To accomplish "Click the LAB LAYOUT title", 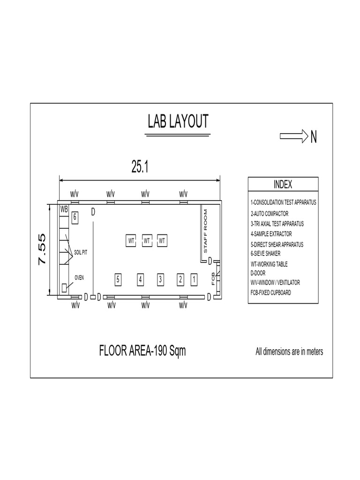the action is pyautogui.click(x=178, y=122).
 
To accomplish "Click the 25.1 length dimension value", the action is pyautogui.click(x=140, y=166).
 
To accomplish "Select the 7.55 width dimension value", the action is pyautogui.click(x=42, y=249).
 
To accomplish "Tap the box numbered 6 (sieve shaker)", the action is pyautogui.click(x=75, y=217).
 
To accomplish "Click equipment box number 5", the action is pyautogui.click(x=118, y=279).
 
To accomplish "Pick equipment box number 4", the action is pyautogui.click(x=140, y=279).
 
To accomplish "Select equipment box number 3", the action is pyautogui.click(x=160, y=279).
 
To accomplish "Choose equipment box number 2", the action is pyautogui.click(x=180, y=279).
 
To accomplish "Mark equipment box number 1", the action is pyautogui.click(x=194, y=279).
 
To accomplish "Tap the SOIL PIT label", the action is pyautogui.click(x=81, y=252).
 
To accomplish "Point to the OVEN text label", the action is pyautogui.click(x=79, y=277).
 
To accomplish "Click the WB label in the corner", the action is pyautogui.click(x=64, y=208).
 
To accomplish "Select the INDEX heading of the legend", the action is pyautogui.click(x=282, y=184).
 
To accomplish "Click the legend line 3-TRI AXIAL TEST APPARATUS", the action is pyautogui.click(x=277, y=224).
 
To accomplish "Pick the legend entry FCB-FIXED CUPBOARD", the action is pyautogui.click(x=270, y=292).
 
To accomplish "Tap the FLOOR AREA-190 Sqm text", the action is pyautogui.click(x=142, y=351).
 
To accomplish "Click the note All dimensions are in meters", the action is pyautogui.click(x=289, y=352).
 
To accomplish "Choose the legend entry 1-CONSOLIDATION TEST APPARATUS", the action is pyautogui.click(x=284, y=203).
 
